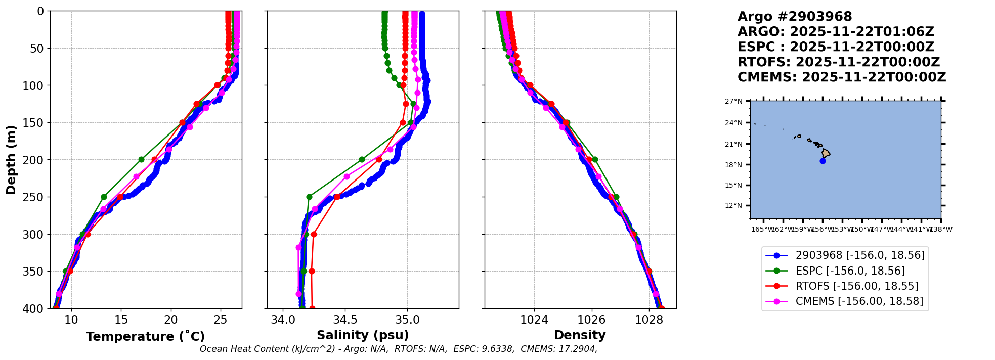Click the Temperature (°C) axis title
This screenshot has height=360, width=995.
point(145,337)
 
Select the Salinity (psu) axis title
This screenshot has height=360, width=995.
point(363,335)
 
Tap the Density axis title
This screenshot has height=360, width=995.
point(580,335)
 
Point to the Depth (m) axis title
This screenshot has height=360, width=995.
point(11,160)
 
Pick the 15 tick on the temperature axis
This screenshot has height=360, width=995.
point(121,320)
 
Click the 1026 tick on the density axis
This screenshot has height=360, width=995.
point(591,320)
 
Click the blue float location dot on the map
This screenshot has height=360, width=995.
point(823,161)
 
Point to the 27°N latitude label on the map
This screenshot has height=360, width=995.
point(733,102)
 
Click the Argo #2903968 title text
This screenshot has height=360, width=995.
point(794,17)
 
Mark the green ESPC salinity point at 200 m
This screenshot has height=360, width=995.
point(362,160)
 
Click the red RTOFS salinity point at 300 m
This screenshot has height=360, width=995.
point(314,235)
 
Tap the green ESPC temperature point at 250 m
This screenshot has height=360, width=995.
point(104,197)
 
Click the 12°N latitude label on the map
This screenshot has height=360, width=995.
point(733,206)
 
